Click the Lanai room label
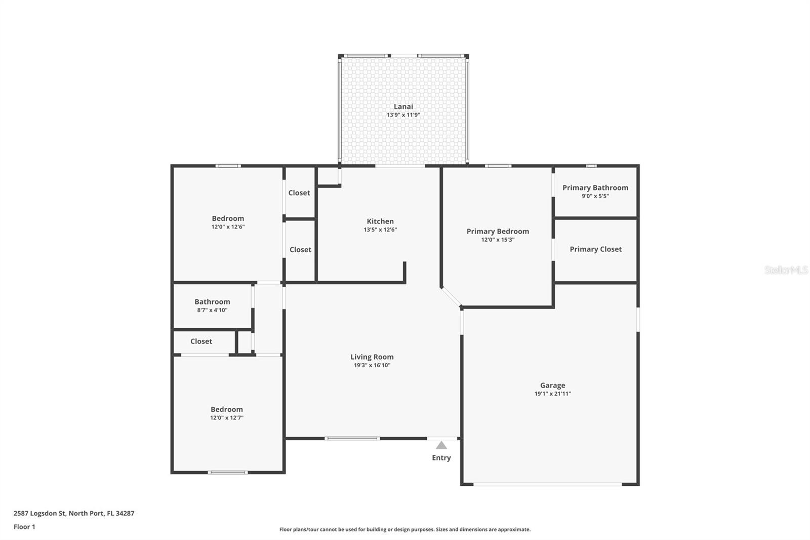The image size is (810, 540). point(403,106)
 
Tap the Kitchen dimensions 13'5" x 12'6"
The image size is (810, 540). point(380,230)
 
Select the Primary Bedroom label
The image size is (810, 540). point(498,232)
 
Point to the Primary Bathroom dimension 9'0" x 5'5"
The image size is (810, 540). point(595,196)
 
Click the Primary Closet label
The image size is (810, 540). point(595,249)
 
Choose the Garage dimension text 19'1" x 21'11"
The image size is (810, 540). point(552,394)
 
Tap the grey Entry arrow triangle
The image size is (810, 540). point(441,445)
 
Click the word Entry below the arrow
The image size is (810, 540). point(441,458)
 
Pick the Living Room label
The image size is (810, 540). point(372,357)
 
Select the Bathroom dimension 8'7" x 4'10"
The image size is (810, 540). point(212,310)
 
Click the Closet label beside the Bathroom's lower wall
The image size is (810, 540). point(201,341)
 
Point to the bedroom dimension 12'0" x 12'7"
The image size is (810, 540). point(227,418)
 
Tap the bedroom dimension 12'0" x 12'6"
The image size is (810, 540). point(228,227)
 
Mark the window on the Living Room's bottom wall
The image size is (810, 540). point(352,438)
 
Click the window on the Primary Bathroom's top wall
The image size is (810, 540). point(591,166)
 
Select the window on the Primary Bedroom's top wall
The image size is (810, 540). point(498,166)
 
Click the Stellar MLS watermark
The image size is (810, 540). point(786,270)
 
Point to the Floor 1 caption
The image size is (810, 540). point(24,527)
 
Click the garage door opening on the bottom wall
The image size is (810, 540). point(547,484)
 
